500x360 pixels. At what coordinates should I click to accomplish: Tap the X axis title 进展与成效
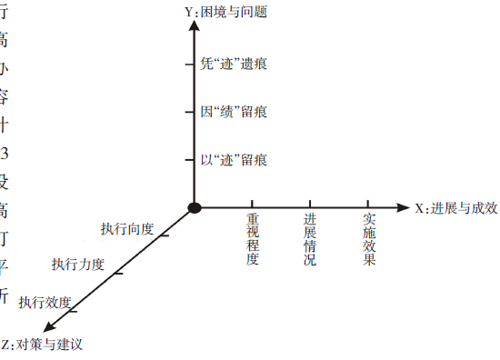point(456,208)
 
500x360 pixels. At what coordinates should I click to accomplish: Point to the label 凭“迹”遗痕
point(234,65)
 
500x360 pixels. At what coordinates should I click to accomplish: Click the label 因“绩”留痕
point(234,113)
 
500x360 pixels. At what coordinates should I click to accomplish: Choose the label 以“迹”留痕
point(234,161)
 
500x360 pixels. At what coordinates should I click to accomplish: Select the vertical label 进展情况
point(310,239)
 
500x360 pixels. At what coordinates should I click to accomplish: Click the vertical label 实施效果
point(369,239)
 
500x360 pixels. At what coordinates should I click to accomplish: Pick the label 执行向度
point(127,228)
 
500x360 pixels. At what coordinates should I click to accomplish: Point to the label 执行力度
point(78,265)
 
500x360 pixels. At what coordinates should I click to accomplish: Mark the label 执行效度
point(45,301)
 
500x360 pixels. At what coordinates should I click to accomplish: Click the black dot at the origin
point(195,208)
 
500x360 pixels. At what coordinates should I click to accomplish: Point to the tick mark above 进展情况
point(310,205)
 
